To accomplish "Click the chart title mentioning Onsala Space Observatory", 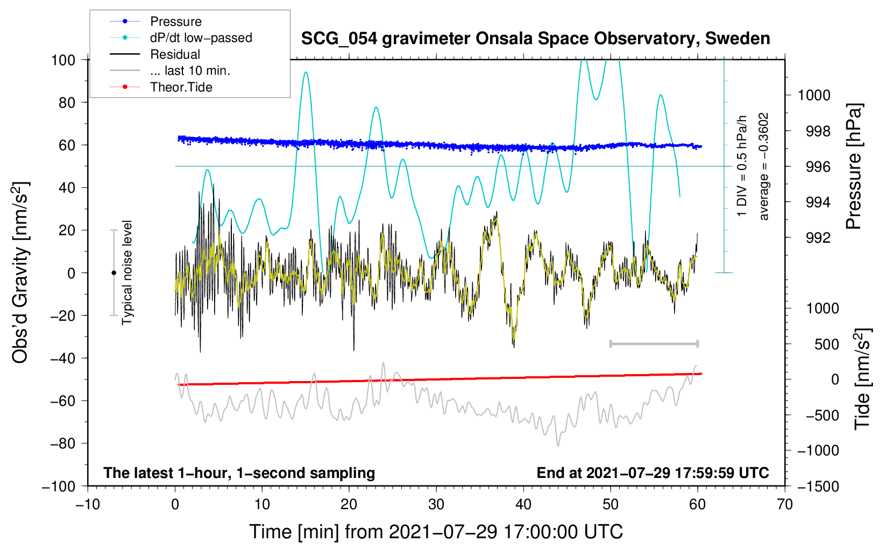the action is point(535,39).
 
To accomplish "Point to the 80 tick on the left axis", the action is point(67,103).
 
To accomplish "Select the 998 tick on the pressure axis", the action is point(818,131).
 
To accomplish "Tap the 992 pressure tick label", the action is point(818,238).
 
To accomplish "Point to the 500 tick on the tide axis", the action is point(826,344).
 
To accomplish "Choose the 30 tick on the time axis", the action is point(436,505).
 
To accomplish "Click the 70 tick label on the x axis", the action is point(784,505).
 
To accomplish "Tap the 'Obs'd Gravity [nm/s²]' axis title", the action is point(20,272).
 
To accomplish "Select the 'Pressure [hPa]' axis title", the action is point(853,166).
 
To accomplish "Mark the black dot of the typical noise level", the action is point(114,273).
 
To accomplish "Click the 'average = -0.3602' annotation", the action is point(763,166).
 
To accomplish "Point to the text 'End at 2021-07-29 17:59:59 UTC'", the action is point(653,473).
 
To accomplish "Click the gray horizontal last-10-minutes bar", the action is point(654,343).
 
